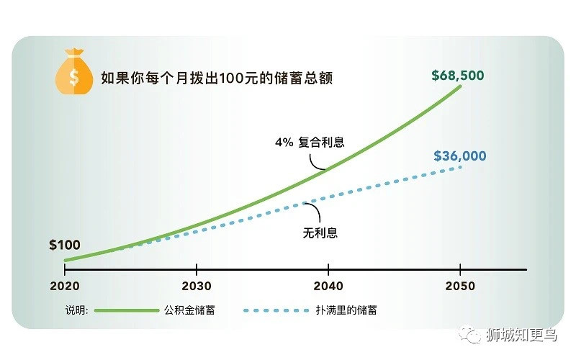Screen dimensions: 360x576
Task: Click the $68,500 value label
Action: click(457, 74)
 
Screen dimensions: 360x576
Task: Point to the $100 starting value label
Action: click(65, 245)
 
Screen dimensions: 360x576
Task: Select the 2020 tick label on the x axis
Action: click(65, 286)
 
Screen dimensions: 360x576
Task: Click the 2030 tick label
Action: click(196, 286)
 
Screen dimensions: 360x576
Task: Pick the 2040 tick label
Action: click(328, 286)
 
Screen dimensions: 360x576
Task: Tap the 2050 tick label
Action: click(460, 286)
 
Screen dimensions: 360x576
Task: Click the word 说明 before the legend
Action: click(76, 310)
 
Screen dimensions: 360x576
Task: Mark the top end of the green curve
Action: click(461, 86)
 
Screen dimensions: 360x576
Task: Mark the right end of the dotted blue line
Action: click(461, 167)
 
